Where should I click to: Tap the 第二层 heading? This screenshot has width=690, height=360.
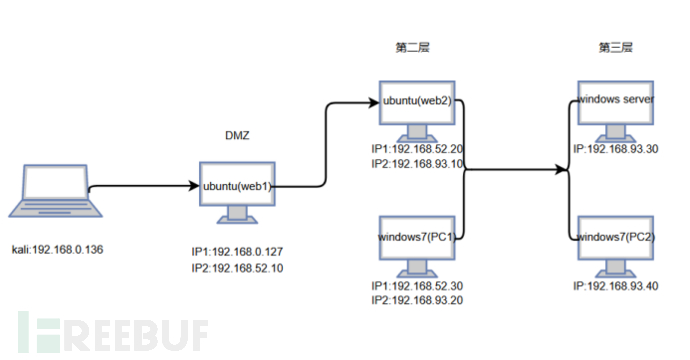click(414, 47)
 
